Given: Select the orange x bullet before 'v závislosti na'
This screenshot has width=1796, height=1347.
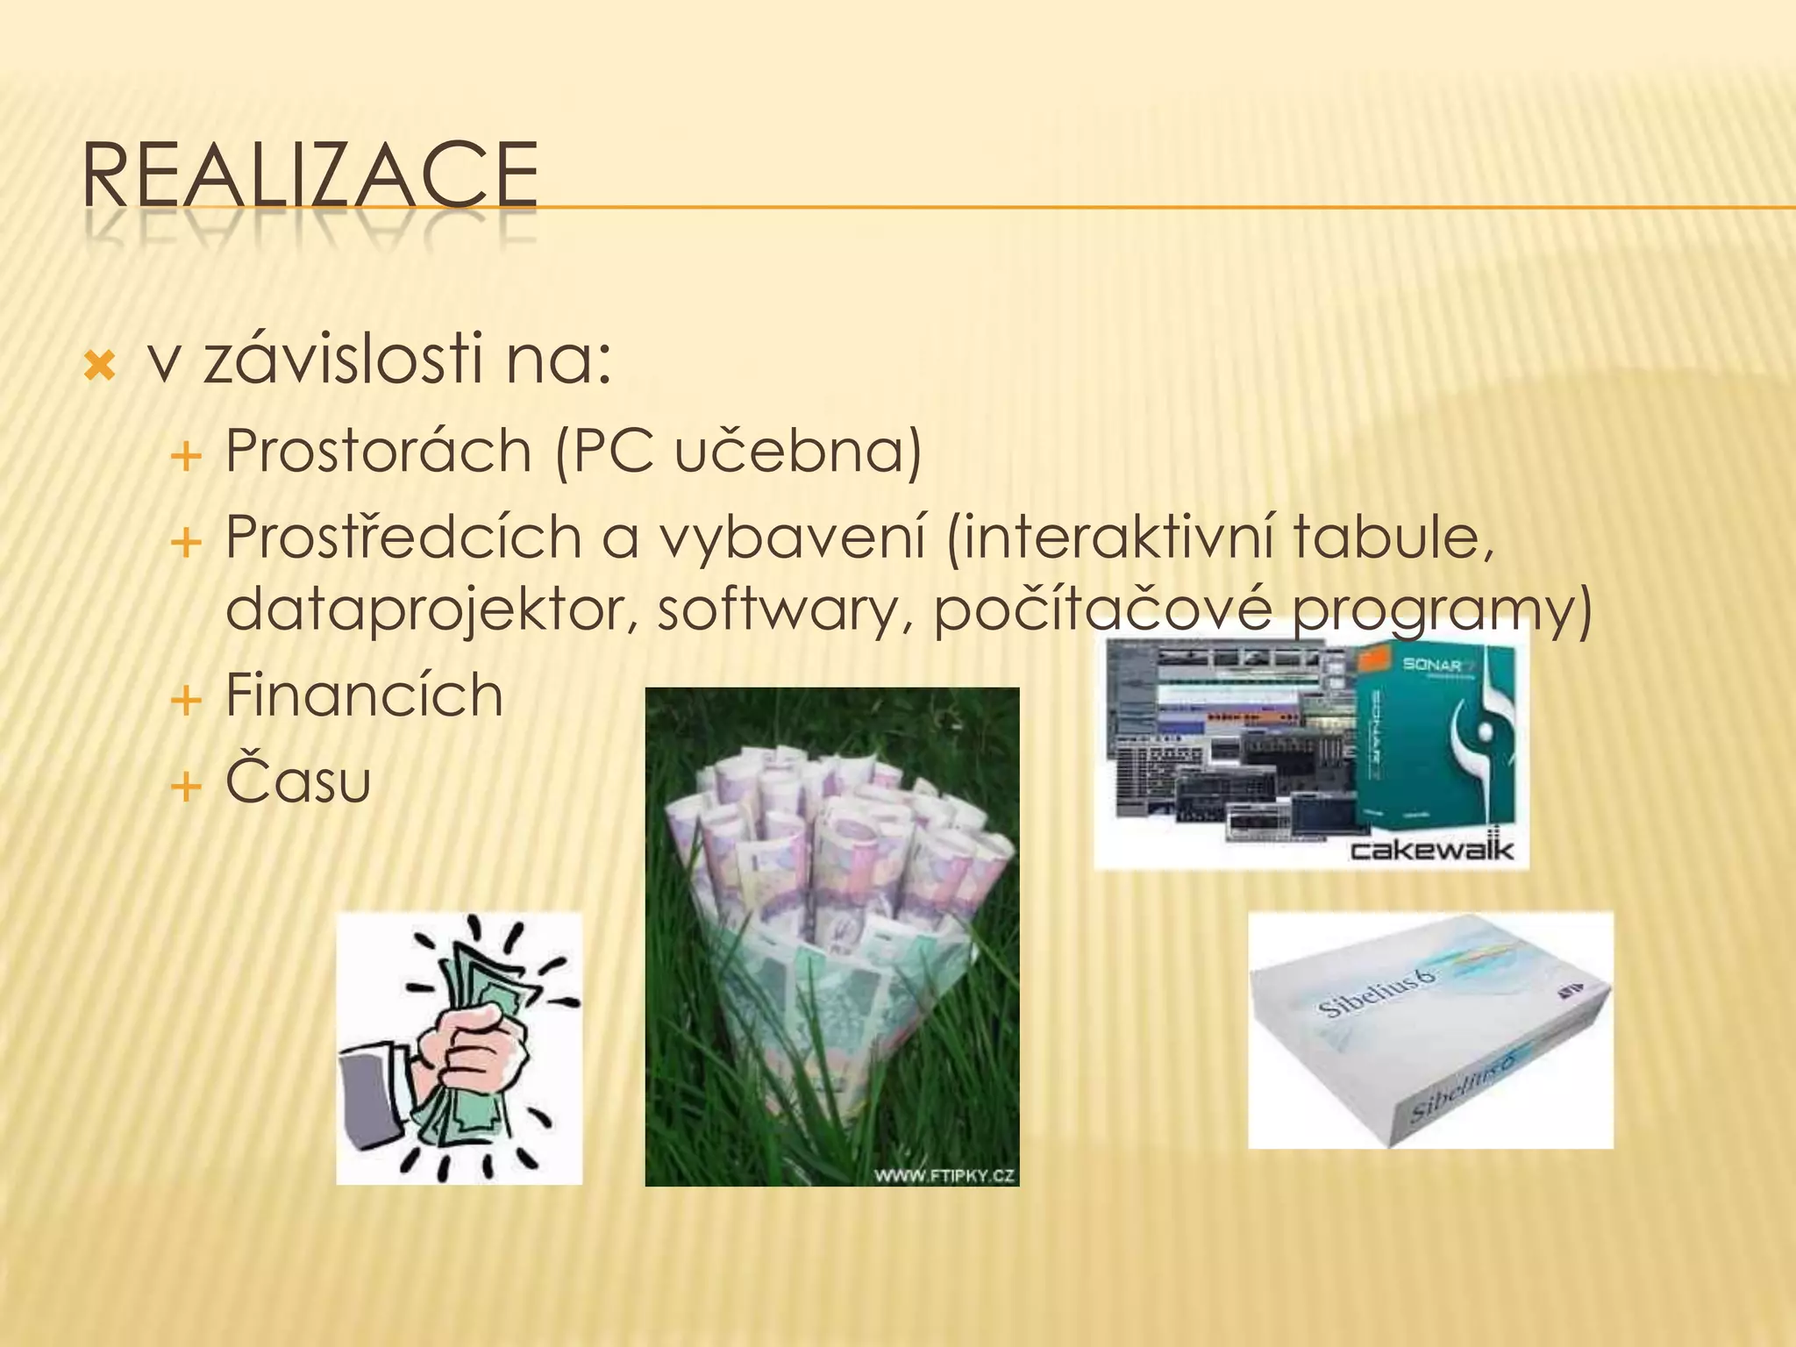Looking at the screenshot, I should (x=99, y=366).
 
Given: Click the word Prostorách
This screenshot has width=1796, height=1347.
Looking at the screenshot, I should (x=379, y=452).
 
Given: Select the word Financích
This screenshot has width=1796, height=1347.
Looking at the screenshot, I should (x=364, y=695).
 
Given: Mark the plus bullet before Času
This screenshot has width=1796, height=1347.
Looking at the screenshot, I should (x=186, y=787).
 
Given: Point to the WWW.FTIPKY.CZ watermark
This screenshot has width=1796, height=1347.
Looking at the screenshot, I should (x=944, y=1176).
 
